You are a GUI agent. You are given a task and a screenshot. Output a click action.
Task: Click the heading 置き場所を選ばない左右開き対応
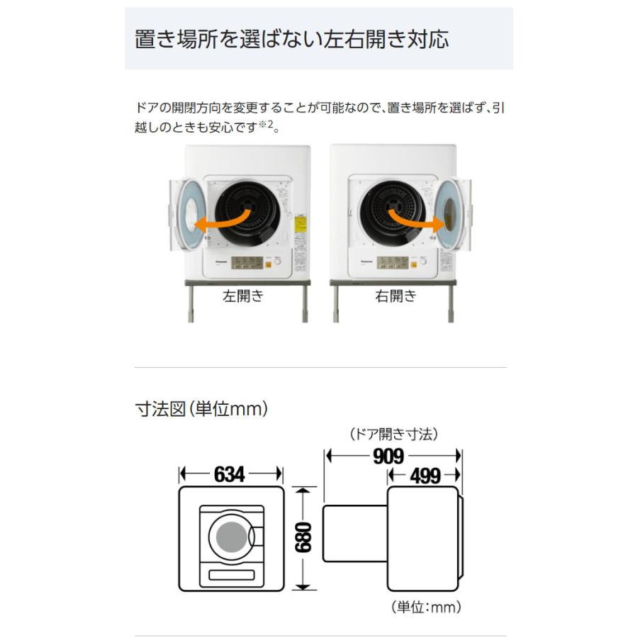(291, 38)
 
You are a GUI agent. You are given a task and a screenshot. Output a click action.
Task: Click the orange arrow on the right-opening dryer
(415, 219)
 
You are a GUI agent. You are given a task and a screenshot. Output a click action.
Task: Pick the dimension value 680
(303, 538)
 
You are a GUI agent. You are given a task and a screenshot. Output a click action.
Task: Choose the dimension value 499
(425, 475)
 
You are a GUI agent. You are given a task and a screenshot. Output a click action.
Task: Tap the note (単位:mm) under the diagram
(426, 607)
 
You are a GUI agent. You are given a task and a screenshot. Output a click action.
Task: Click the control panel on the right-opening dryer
(394, 263)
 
